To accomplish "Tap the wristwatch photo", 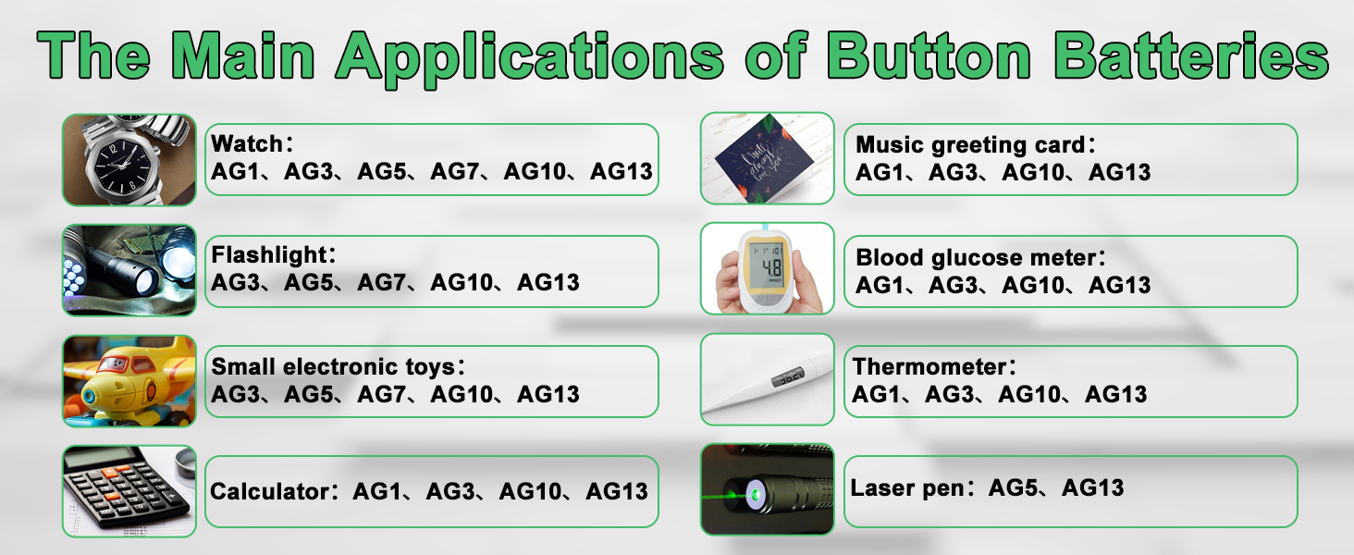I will pos(129,159).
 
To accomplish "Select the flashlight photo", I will pos(129,270).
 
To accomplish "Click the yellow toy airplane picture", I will pos(129,380).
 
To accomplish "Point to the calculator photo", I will pos(129,490).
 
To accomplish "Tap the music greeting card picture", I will pos(767,158).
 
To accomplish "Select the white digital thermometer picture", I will pos(767,379).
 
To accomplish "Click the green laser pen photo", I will pos(767,489).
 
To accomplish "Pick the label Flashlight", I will pos(267,255).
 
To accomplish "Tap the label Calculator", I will pos(269,491).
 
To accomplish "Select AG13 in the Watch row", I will pos(621,171).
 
